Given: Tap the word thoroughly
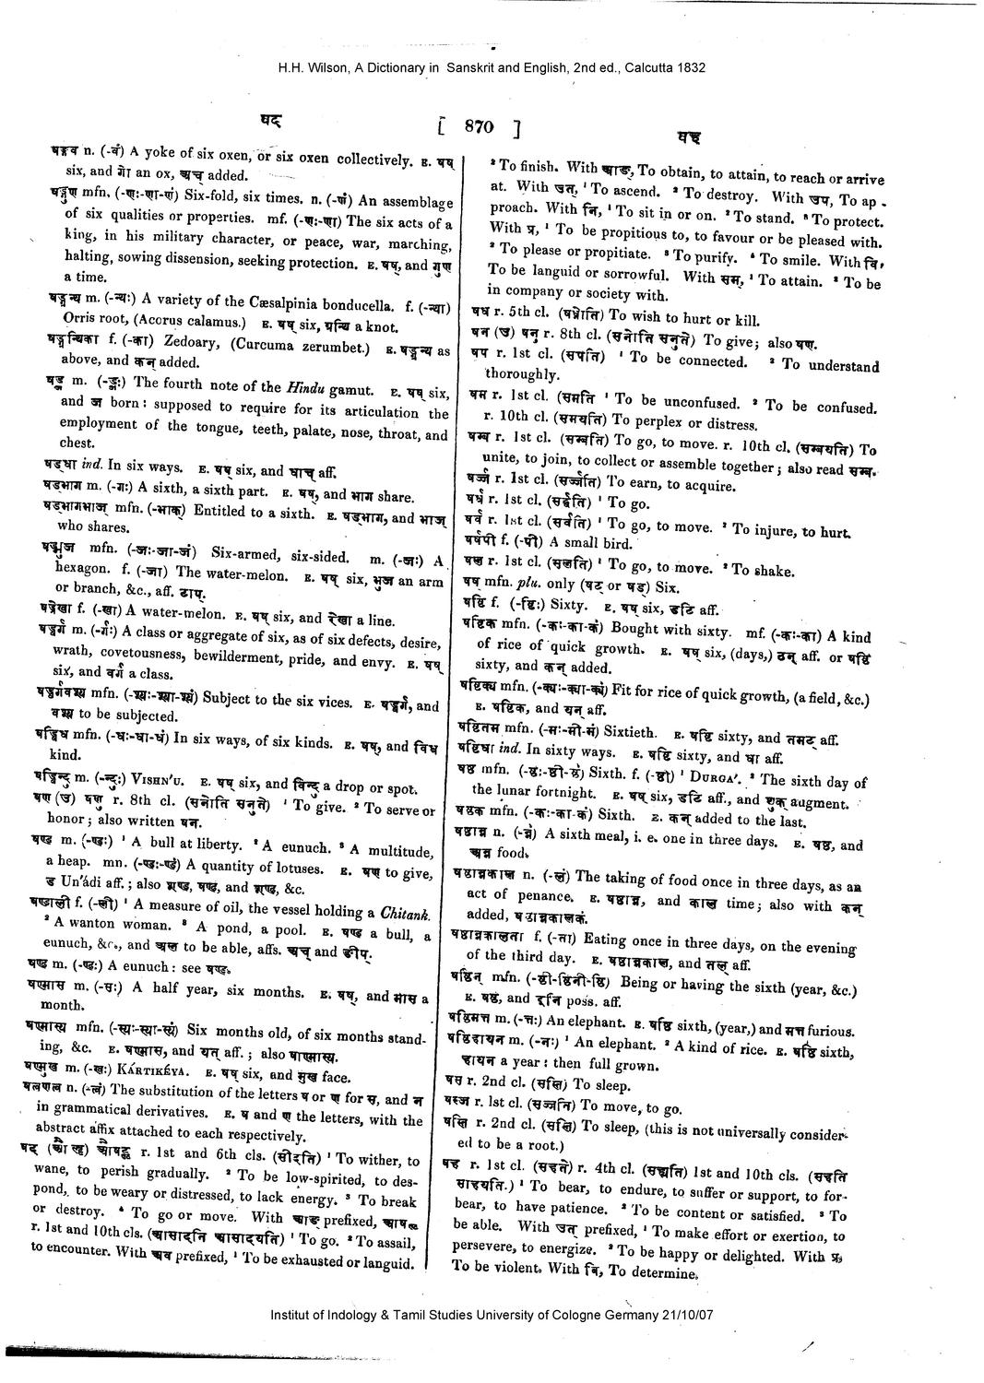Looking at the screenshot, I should [x=521, y=375].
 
